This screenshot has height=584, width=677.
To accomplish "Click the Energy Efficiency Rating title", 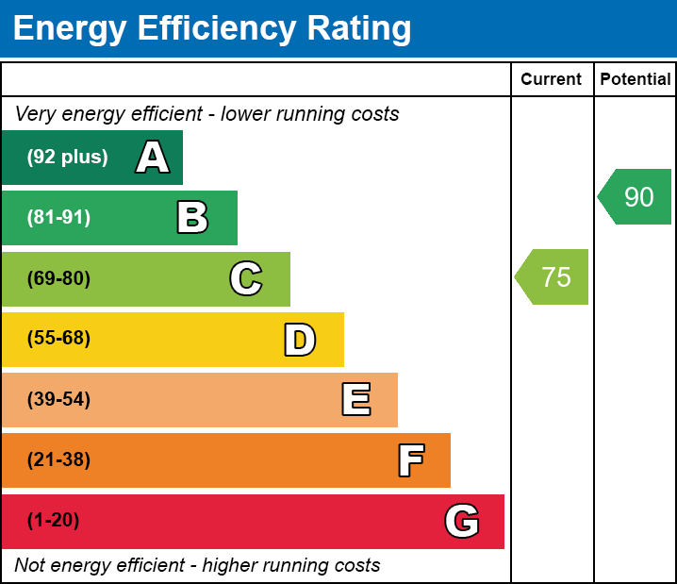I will pyautogui.click(x=212, y=28).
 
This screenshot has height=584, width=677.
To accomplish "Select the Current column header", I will pyautogui.click(x=552, y=79).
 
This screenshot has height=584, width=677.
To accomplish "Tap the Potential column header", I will pyautogui.click(x=636, y=79).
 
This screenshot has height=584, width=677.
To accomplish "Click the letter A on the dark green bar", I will pyautogui.click(x=153, y=158).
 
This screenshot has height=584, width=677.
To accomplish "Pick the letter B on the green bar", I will pyautogui.click(x=192, y=218).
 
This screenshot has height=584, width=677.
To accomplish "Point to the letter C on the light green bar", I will pyautogui.click(x=246, y=278).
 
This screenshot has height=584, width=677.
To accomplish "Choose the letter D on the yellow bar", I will pyautogui.click(x=300, y=340).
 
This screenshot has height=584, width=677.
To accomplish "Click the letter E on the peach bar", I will pyautogui.click(x=355, y=400).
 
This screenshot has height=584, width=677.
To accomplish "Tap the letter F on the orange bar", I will pyautogui.click(x=410, y=460).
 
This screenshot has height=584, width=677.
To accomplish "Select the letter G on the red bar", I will pyautogui.click(x=462, y=521).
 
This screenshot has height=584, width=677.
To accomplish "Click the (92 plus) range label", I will pyautogui.click(x=67, y=158).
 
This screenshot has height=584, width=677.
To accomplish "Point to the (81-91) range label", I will pyautogui.click(x=58, y=218).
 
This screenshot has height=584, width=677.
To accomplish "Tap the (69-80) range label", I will pyautogui.click(x=58, y=278).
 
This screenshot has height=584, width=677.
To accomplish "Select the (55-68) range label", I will pyautogui.click(x=58, y=339).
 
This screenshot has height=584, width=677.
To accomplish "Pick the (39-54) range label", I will pyautogui.click(x=58, y=400).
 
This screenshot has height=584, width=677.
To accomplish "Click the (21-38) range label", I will pyautogui.click(x=58, y=460).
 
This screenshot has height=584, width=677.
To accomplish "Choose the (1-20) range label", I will pyautogui.click(x=53, y=521).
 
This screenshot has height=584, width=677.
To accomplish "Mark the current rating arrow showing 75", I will pyautogui.click(x=553, y=277).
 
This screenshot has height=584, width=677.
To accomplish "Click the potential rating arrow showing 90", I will pyautogui.click(x=636, y=197).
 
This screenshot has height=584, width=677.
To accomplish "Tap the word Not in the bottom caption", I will pyautogui.click(x=31, y=565).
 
